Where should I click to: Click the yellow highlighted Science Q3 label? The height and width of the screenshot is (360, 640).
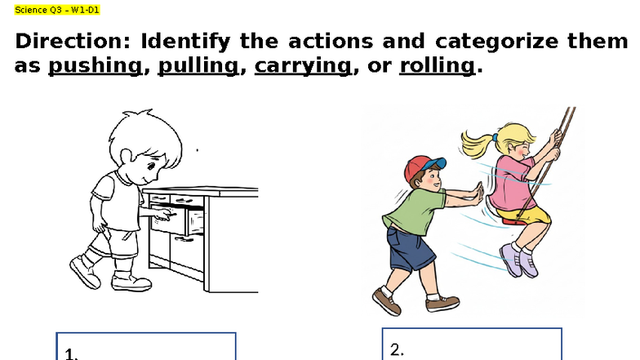(56, 10)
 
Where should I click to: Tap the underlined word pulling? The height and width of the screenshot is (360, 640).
(198, 67)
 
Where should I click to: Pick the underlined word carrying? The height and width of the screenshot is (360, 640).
(303, 67)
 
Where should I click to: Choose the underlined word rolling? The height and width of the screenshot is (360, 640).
(437, 66)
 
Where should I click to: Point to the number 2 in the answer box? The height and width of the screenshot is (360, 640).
(397, 349)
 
